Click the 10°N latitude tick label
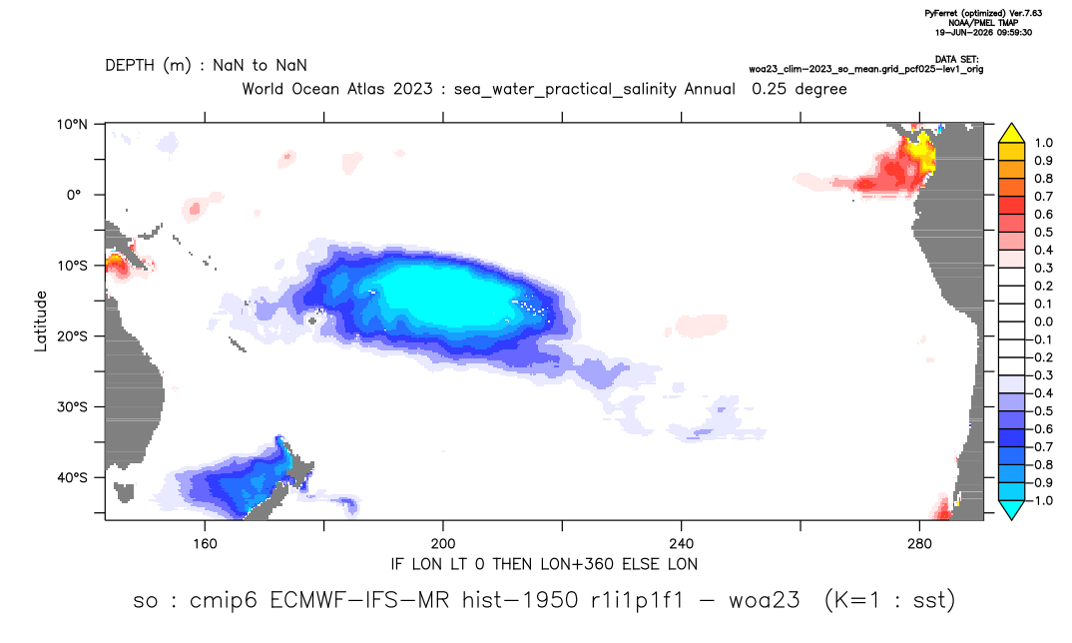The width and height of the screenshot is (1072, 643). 72,124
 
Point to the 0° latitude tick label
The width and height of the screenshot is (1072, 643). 74,195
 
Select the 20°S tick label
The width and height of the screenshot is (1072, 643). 72,336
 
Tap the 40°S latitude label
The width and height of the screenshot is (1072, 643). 72,477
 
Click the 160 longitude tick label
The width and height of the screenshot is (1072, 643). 205,544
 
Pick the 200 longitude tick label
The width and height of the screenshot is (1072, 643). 443,544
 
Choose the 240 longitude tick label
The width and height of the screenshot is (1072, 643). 681,544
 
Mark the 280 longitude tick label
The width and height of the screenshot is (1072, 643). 919,544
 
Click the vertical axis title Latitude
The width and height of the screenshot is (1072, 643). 41,321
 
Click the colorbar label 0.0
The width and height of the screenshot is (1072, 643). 1044,322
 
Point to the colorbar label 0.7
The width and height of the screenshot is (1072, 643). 1044,197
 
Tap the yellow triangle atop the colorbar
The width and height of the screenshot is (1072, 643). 1011,134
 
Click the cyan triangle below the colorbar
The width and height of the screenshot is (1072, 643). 1011,509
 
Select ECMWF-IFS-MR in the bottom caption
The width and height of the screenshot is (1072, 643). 359,601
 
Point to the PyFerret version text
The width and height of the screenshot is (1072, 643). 983,14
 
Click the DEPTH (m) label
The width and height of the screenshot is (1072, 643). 149,66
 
